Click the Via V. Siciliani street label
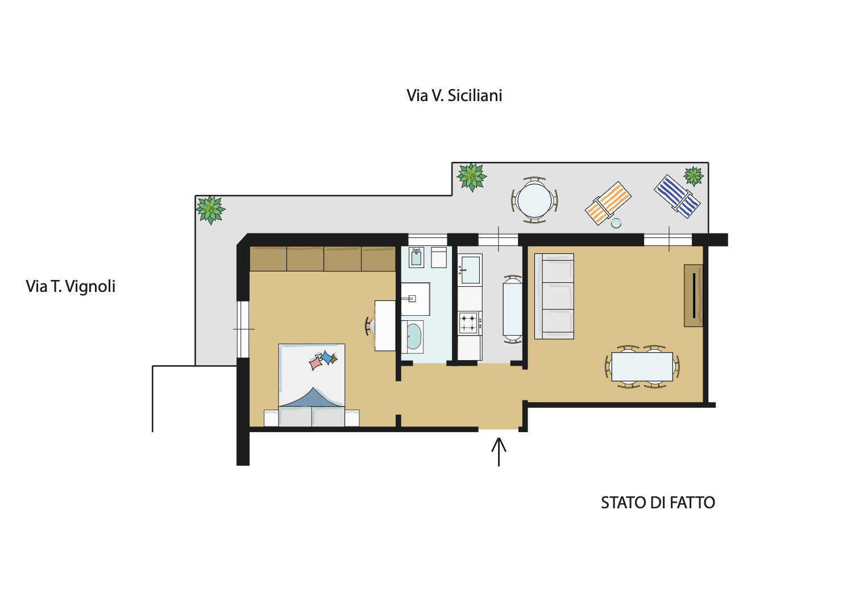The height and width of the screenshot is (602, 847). [x=454, y=95]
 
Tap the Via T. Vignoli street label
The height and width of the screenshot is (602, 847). [x=70, y=286]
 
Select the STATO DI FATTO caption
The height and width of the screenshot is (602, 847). [x=658, y=503]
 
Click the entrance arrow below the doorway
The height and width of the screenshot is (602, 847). [x=499, y=452]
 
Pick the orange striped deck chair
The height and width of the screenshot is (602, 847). [x=608, y=203]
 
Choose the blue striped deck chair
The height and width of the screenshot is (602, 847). [x=677, y=196]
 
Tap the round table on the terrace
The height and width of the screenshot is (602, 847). [x=534, y=200]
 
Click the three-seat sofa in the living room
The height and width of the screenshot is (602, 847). [x=554, y=296]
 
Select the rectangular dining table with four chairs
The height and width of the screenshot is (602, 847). [x=642, y=366]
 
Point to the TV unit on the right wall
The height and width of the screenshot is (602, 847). [x=693, y=295]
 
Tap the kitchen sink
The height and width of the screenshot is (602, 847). [x=470, y=269]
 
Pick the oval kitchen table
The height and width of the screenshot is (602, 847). [x=512, y=309]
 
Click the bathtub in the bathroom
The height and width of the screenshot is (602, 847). [x=413, y=337]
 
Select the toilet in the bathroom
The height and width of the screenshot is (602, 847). [x=416, y=257]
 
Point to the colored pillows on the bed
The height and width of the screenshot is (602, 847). [x=323, y=360]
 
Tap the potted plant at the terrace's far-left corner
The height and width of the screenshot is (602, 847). [x=210, y=210]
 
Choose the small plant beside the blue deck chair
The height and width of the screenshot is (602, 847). [x=694, y=177]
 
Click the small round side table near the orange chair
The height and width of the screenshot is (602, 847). [x=616, y=223]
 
